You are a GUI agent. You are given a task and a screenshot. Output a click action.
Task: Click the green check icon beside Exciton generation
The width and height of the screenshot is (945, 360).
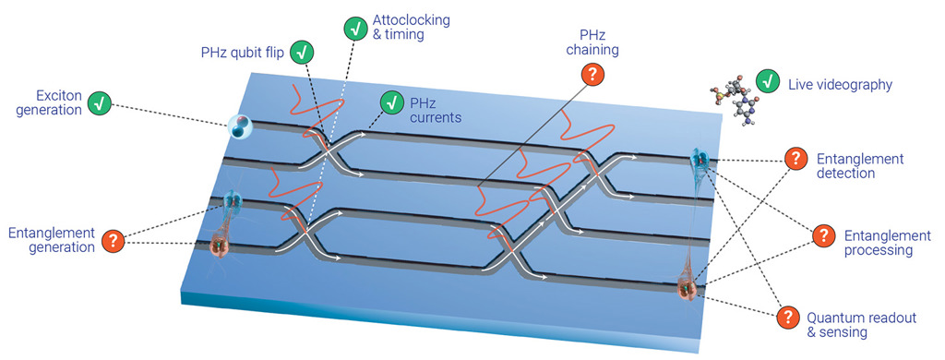[x=100, y=103]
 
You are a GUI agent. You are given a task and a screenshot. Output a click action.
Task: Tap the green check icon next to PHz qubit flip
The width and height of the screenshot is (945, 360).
[x=302, y=52]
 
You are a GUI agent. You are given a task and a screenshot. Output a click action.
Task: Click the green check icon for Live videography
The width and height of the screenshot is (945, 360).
[x=766, y=83]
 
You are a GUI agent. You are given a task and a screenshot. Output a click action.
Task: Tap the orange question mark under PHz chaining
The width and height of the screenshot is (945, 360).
[x=592, y=77]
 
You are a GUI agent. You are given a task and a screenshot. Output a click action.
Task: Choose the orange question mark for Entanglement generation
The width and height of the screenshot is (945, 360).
[x=113, y=242]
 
